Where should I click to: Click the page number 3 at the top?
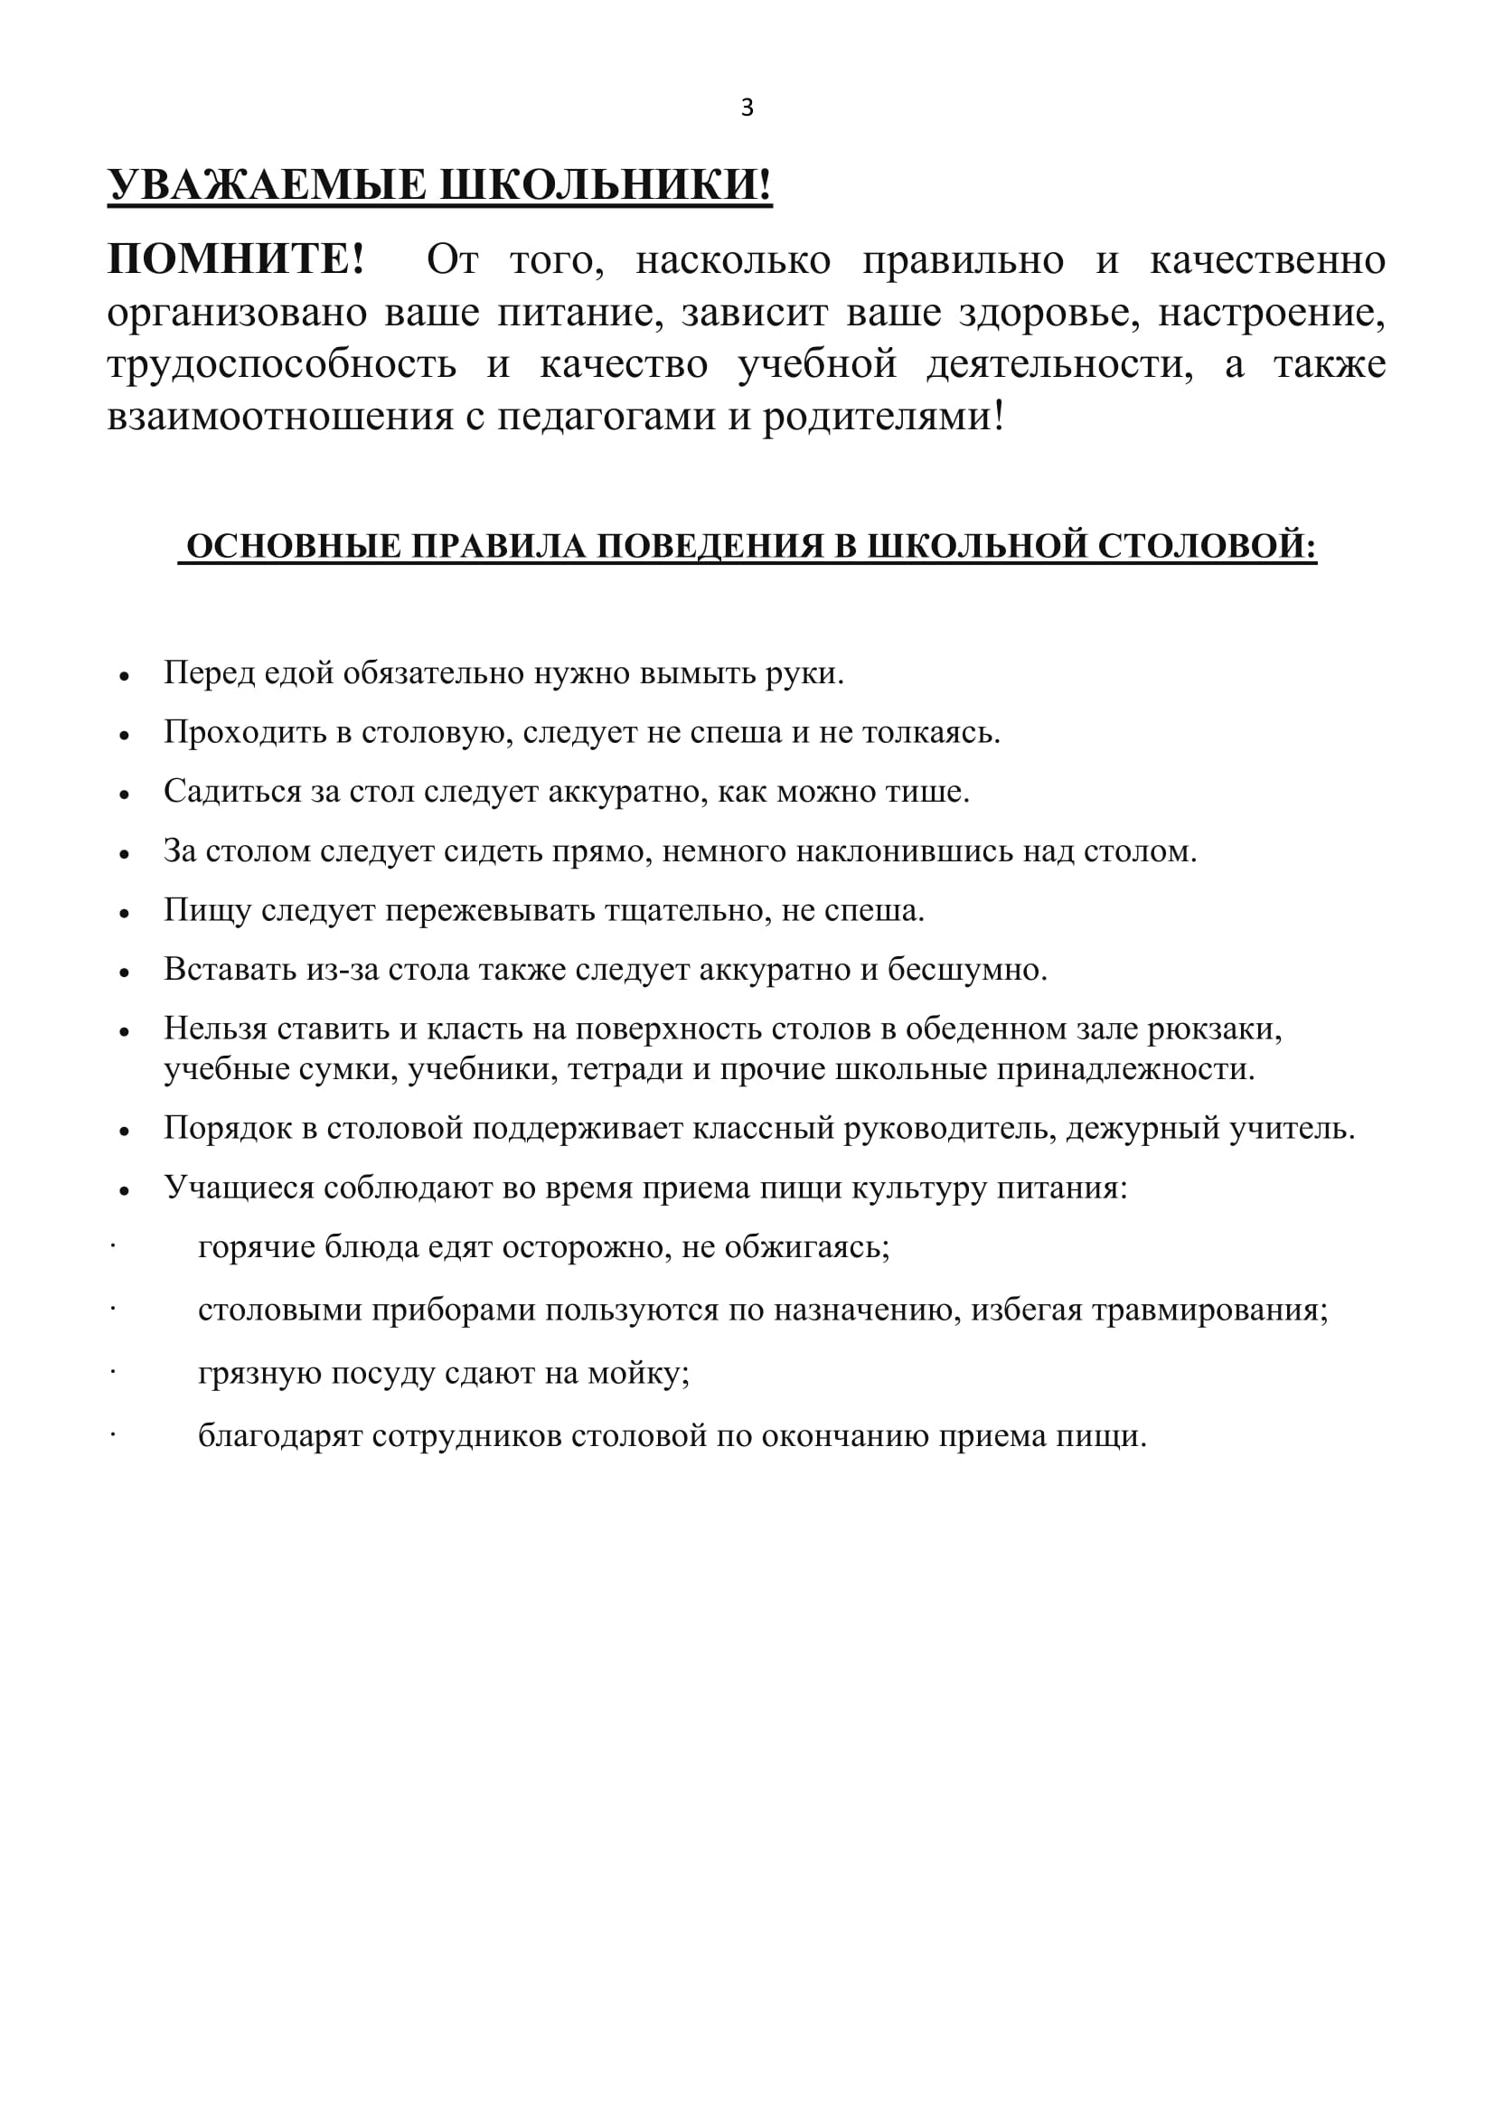747,108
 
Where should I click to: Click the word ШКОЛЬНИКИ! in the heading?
605,185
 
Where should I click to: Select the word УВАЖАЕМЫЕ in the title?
268,185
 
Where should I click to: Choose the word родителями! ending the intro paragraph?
884,416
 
